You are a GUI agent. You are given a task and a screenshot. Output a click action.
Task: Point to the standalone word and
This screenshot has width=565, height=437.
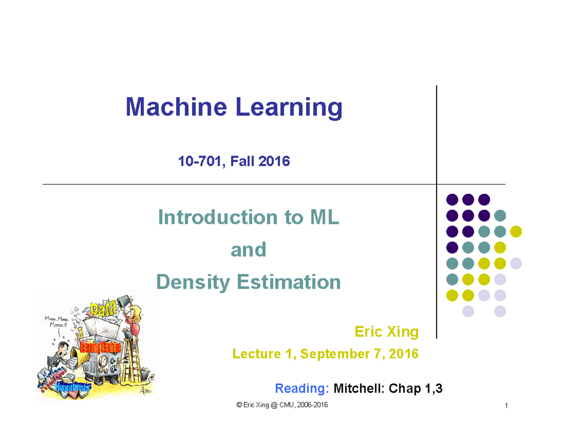point(248,250)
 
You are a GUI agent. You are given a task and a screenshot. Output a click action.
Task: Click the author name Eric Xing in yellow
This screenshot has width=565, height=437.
point(386,332)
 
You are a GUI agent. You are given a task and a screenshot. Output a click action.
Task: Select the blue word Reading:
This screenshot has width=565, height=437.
point(301,389)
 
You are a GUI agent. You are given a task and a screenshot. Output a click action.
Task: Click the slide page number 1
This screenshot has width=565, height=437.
point(505,407)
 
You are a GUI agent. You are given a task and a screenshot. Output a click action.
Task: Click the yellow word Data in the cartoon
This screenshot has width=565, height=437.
point(105,309)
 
